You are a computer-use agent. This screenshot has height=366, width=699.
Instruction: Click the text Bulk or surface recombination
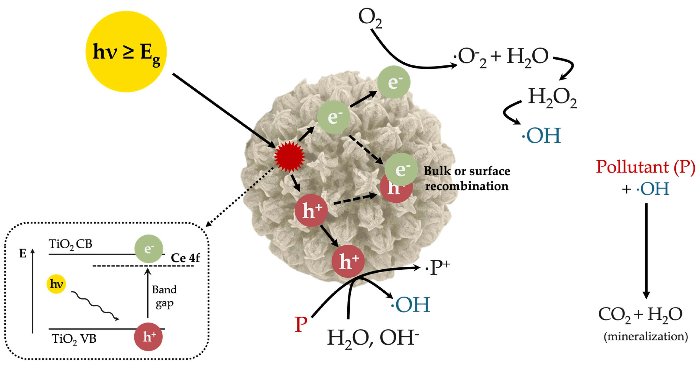tap(467, 178)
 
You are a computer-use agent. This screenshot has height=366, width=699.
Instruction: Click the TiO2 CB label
tap(71, 244)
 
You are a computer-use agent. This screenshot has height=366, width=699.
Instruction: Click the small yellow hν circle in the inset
tap(56, 284)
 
